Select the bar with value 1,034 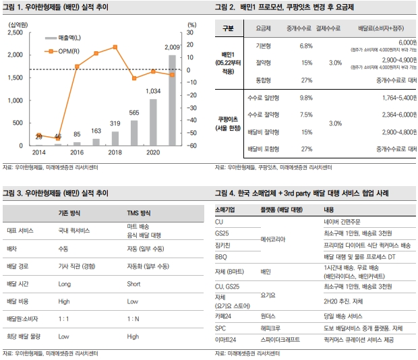(x=153, y=123)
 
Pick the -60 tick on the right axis (x=191, y=146)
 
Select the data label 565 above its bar (x=134, y=113)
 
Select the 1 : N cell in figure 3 (x=132, y=317)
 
